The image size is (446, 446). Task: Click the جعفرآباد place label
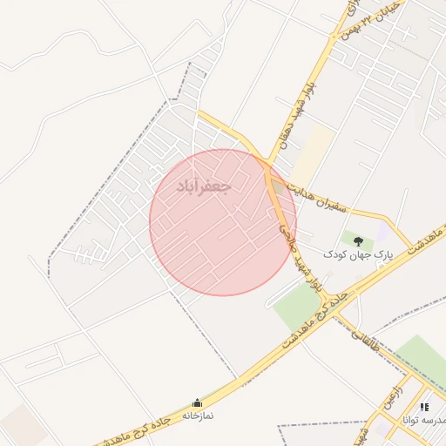coord(203,187)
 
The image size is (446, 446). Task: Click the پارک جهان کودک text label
coord(358,255)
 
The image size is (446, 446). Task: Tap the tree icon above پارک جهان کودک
coord(357,239)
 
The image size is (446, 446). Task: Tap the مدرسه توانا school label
coord(424,420)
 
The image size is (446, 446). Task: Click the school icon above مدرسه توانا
coord(424,406)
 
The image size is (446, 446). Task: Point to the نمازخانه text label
coord(198,416)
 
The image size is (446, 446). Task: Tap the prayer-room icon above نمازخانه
coord(197,403)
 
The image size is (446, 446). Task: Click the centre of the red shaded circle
coord(222,222)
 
